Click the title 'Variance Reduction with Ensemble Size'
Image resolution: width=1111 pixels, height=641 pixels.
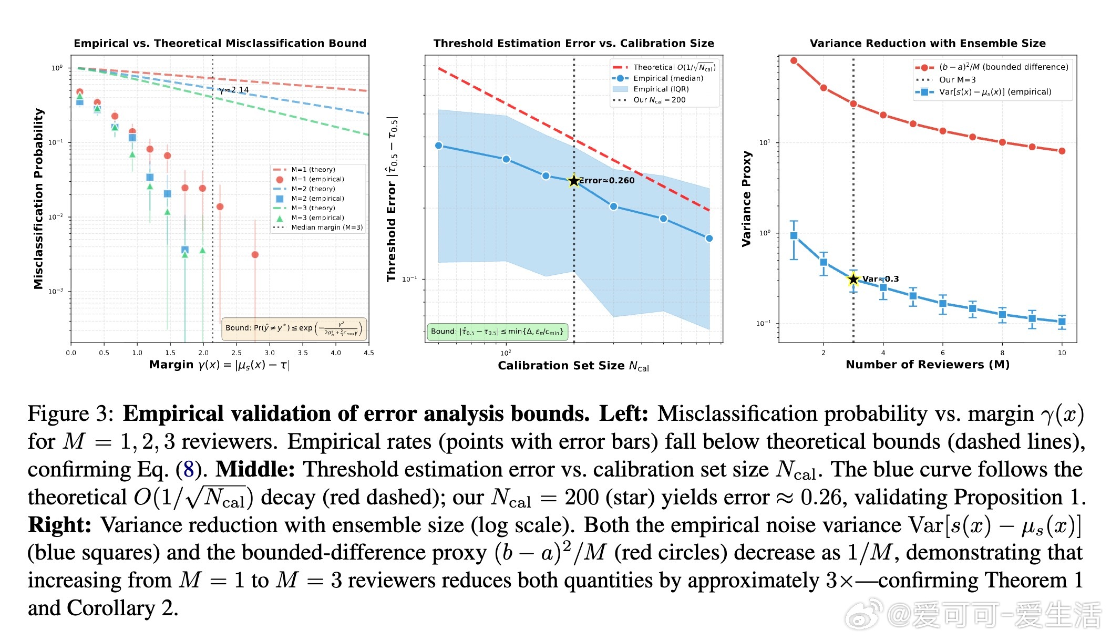click(928, 43)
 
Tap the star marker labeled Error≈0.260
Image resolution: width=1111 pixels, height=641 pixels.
click(574, 181)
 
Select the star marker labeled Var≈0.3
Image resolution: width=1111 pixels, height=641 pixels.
click(853, 279)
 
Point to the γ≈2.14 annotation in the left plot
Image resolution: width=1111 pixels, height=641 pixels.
click(234, 90)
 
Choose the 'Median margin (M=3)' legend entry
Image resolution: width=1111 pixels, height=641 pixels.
click(326, 228)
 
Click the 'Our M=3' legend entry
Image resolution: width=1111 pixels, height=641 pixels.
click(957, 80)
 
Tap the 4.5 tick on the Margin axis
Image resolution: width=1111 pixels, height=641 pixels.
click(369, 353)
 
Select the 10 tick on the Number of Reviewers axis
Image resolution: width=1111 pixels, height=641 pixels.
click(1062, 353)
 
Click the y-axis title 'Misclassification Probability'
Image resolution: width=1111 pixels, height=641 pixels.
click(38, 199)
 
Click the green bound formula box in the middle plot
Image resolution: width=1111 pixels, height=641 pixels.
click(497, 332)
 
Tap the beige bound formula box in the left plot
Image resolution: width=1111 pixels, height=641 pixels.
click(294, 328)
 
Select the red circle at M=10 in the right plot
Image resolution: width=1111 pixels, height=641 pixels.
click(1062, 151)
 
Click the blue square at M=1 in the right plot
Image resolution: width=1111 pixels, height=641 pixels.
click(794, 236)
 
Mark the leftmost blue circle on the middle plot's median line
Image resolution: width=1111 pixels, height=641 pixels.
click(439, 146)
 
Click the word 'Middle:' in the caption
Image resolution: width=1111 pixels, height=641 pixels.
click(255, 469)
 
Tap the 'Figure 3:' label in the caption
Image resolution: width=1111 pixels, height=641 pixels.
click(70, 413)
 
